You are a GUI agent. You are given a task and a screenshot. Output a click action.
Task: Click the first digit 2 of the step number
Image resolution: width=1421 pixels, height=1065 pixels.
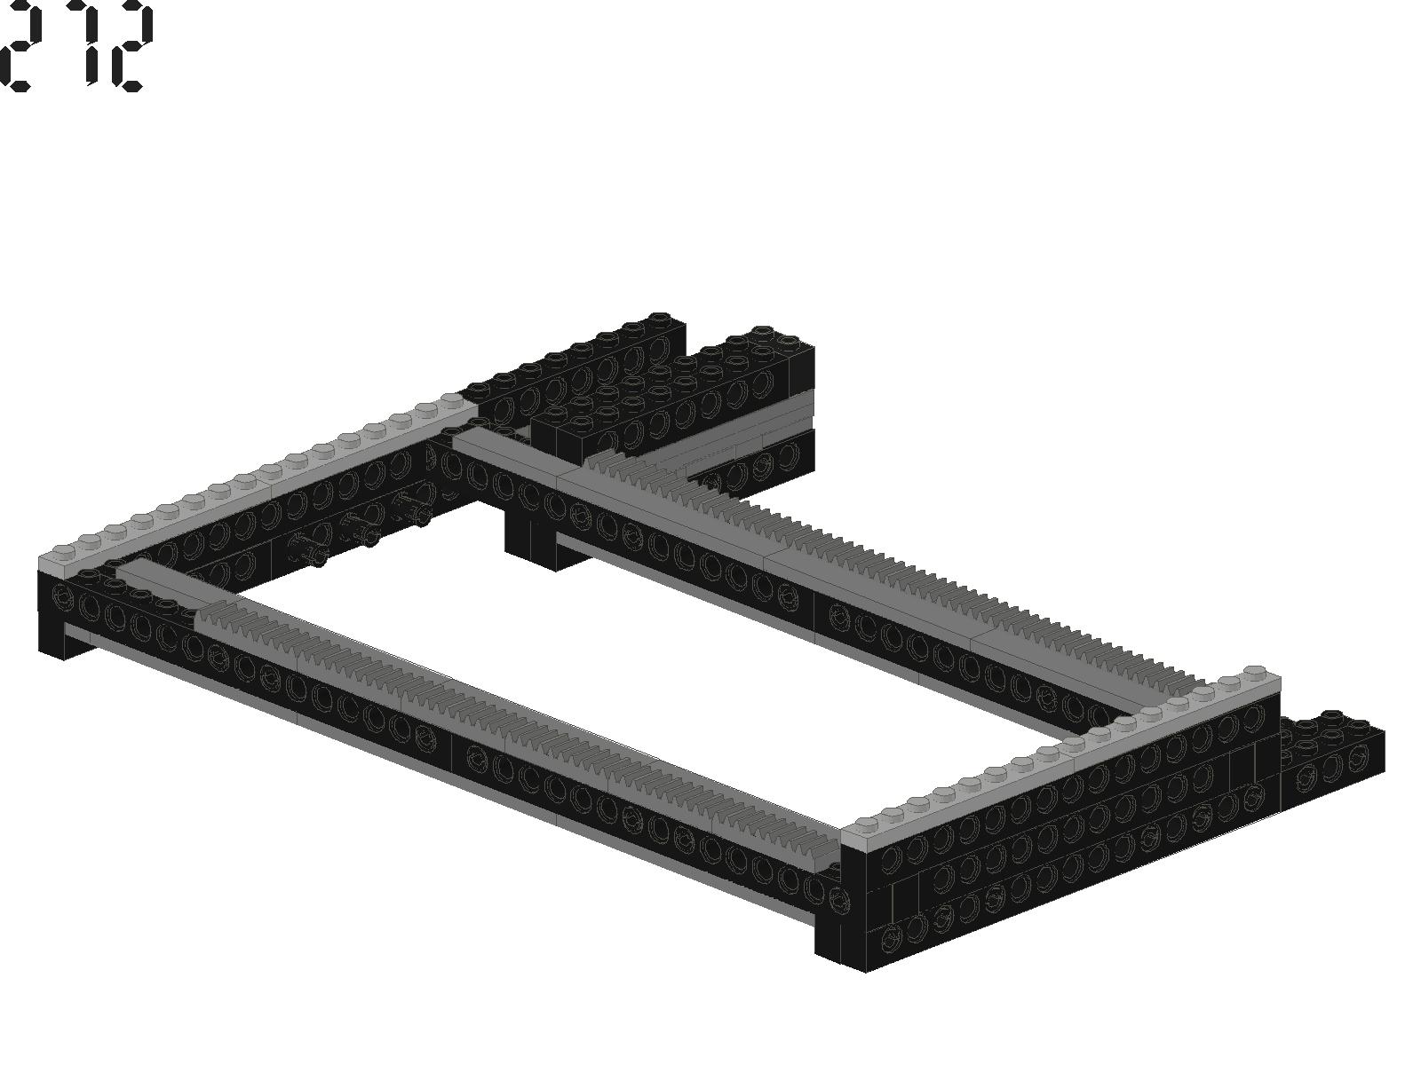pyautogui.click(x=14, y=46)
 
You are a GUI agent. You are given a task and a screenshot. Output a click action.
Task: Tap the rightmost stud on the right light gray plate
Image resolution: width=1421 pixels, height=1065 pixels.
pyautogui.click(x=1255, y=673)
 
